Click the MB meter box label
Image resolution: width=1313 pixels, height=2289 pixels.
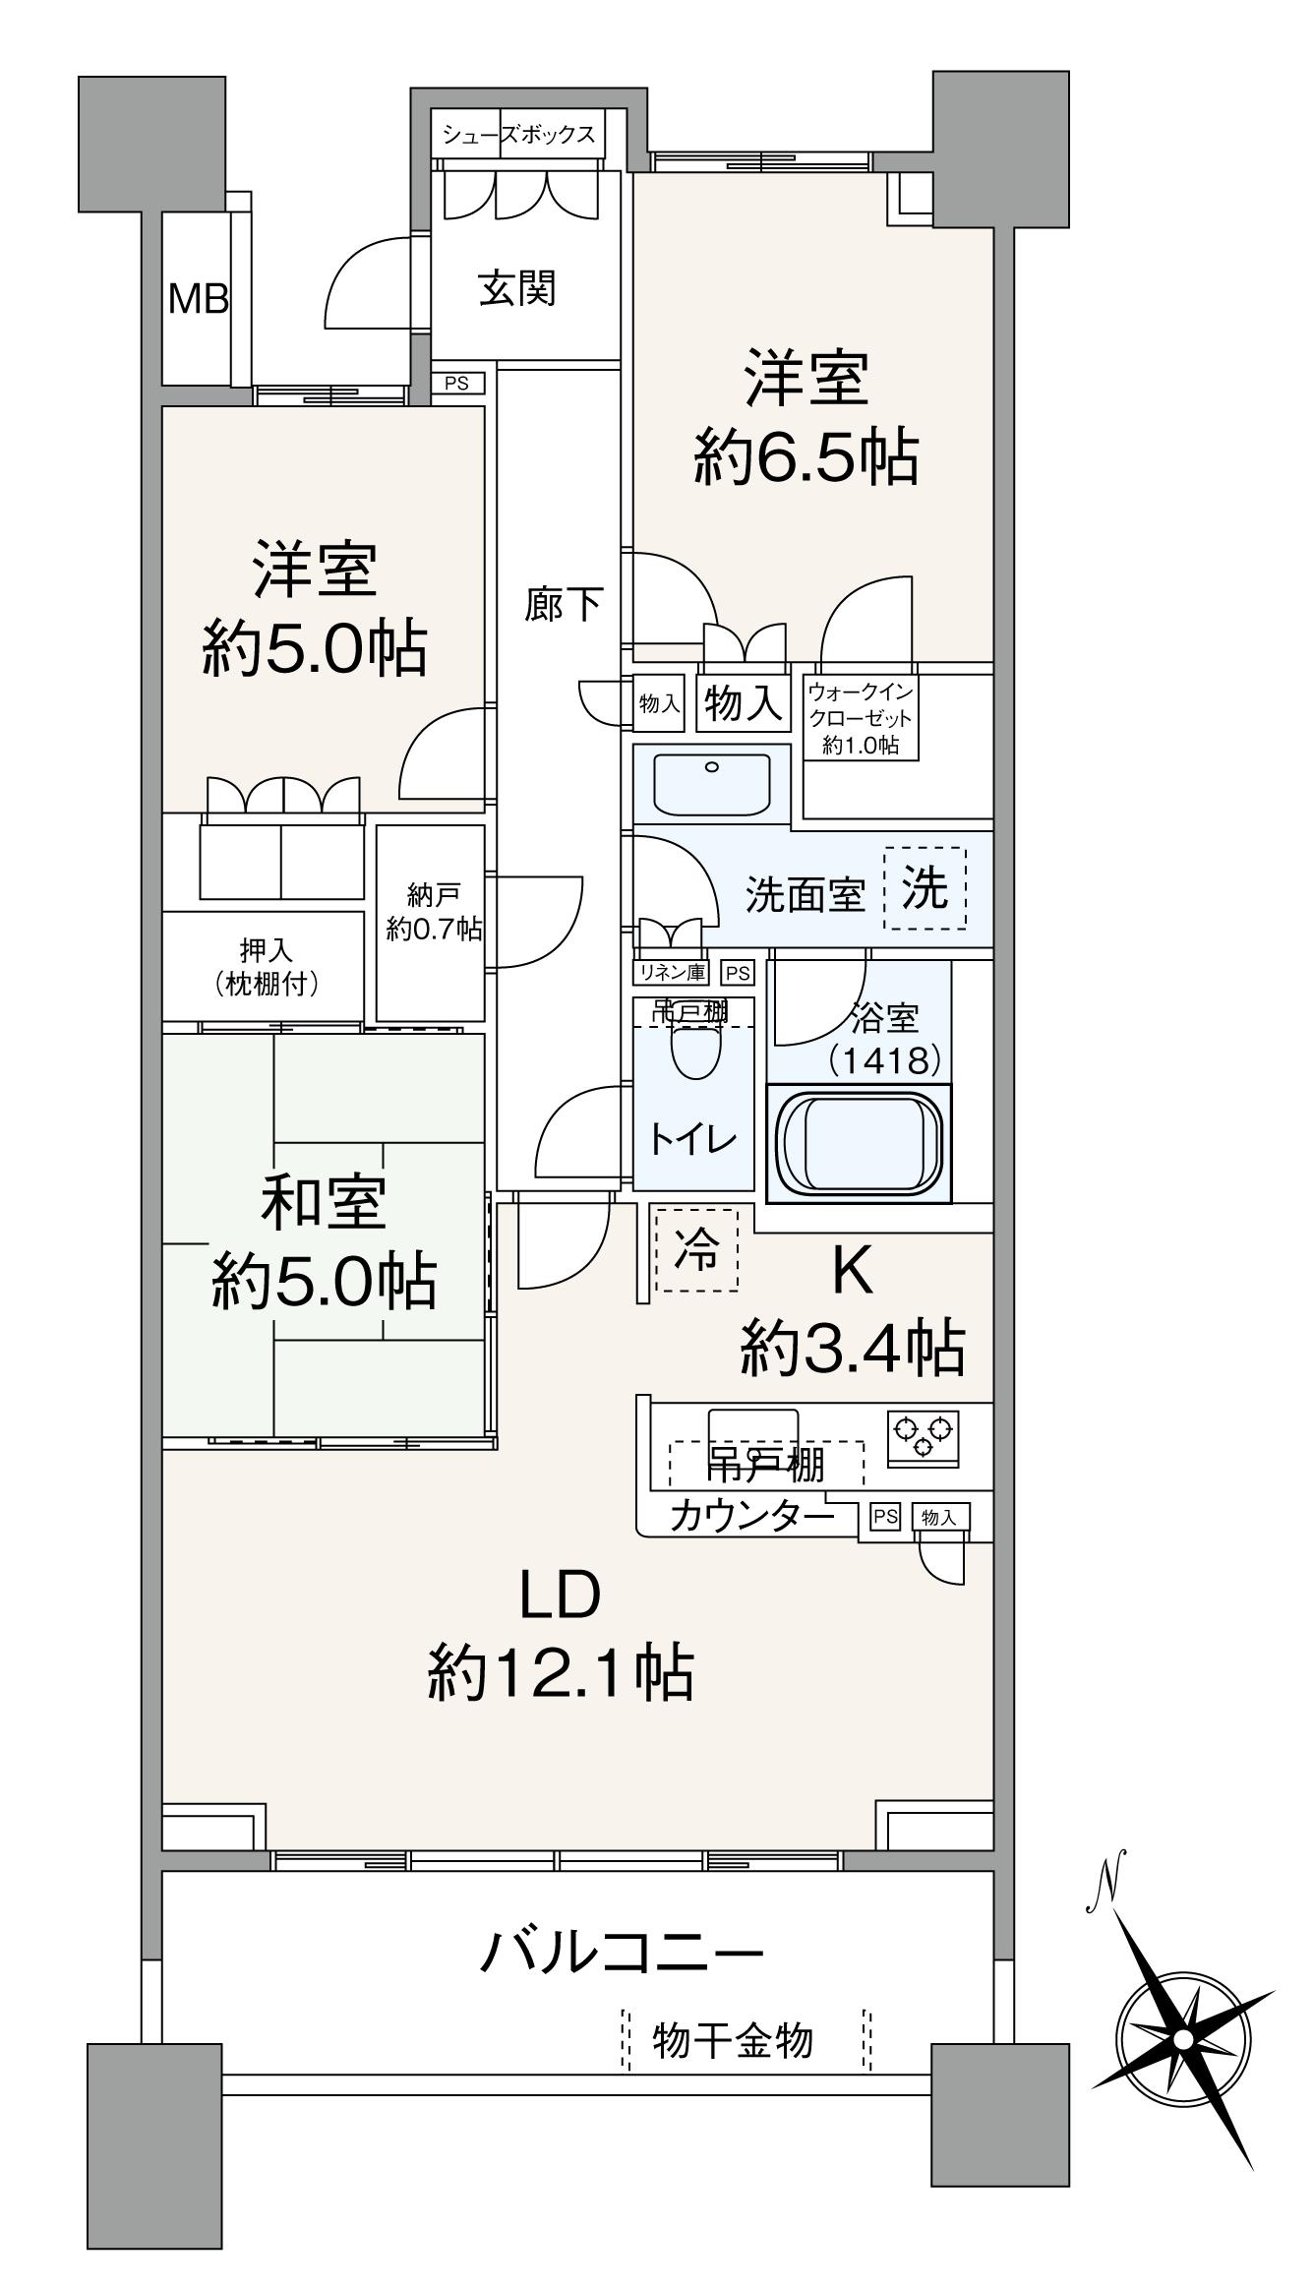pyautogui.click(x=198, y=298)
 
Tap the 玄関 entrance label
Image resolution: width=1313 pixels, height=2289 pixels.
pyautogui.click(x=517, y=288)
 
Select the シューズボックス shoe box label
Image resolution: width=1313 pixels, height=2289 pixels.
pyautogui.click(x=518, y=135)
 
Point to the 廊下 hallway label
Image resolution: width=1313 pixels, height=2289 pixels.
pyautogui.click(x=563, y=604)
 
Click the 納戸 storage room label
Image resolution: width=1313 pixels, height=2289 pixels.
pyautogui.click(x=432, y=894)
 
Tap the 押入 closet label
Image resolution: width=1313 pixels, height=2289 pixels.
pyautogui.click(x=267, y=950)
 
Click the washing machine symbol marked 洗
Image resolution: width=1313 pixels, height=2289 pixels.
pyautogui.click(x=925, y=889)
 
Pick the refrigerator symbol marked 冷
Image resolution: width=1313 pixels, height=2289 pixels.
pyautogui.click(x=696, y=1249)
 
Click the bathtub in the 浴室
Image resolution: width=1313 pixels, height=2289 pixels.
pyautogui.click(x=859, y=1142)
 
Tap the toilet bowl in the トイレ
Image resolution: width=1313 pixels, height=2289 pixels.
pyautogui.click(x=695, y=1054)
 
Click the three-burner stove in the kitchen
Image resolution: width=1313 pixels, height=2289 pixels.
pyautogui.click(x=924, y=1433)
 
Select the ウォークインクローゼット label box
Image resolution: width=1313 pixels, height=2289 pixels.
pyautogui.click(x=861, y=717)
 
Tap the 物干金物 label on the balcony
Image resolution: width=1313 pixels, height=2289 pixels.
pyautogui.click(x=733, y=2040)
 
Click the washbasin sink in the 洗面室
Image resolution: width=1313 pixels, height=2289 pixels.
pyautogui.click(x=713, y=783)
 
